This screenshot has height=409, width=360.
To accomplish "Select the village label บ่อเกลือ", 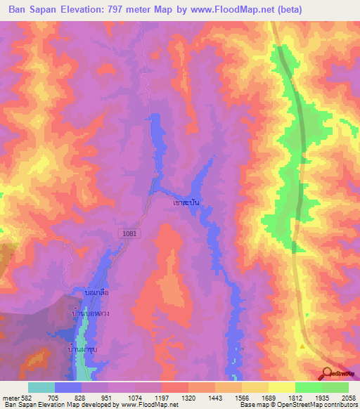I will (96, 291).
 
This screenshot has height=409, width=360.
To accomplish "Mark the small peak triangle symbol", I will (302, 346).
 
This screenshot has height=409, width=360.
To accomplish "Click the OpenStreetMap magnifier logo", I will (327, 373).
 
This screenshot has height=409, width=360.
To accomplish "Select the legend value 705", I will (54, 398).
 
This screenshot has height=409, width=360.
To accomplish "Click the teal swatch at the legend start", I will (41, 387).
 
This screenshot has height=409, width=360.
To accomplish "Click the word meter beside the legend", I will (8, 398).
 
